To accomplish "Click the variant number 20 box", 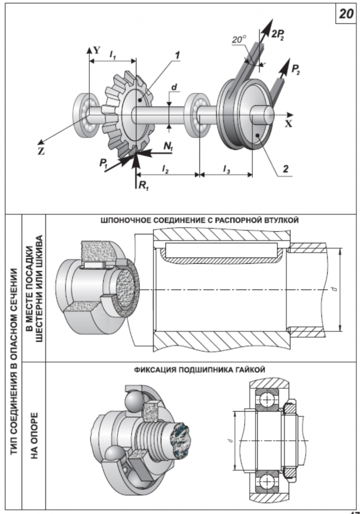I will pyautogui.click(x=346, y=14).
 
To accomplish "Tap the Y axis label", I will pyautogui.click(x=97, y=50).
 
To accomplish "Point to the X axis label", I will pyautogui.click(x=289, y=123).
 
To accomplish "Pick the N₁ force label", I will pyautogui.click(x=167, y=146).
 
